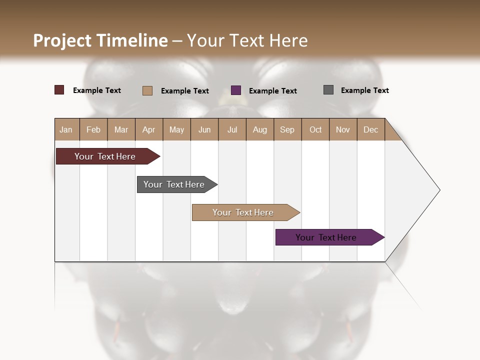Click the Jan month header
(x=66, y=129)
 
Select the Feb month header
(x=93, y=129)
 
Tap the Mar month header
(x=121, y=129)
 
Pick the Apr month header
(x=149, y=129)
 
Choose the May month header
(x=176, y=129)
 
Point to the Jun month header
(x=204, y=129)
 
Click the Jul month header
(x=232, y=129)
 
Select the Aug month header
(x=260, y=129)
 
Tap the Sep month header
(x=287, y=129)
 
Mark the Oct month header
(x=315, y=129)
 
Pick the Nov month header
(x=343, y=129)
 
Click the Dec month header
(x=371, y=129)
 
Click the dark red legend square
(x=59, y=90)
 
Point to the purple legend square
(x=236, y=90)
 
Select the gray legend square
(x=328, y=90)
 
